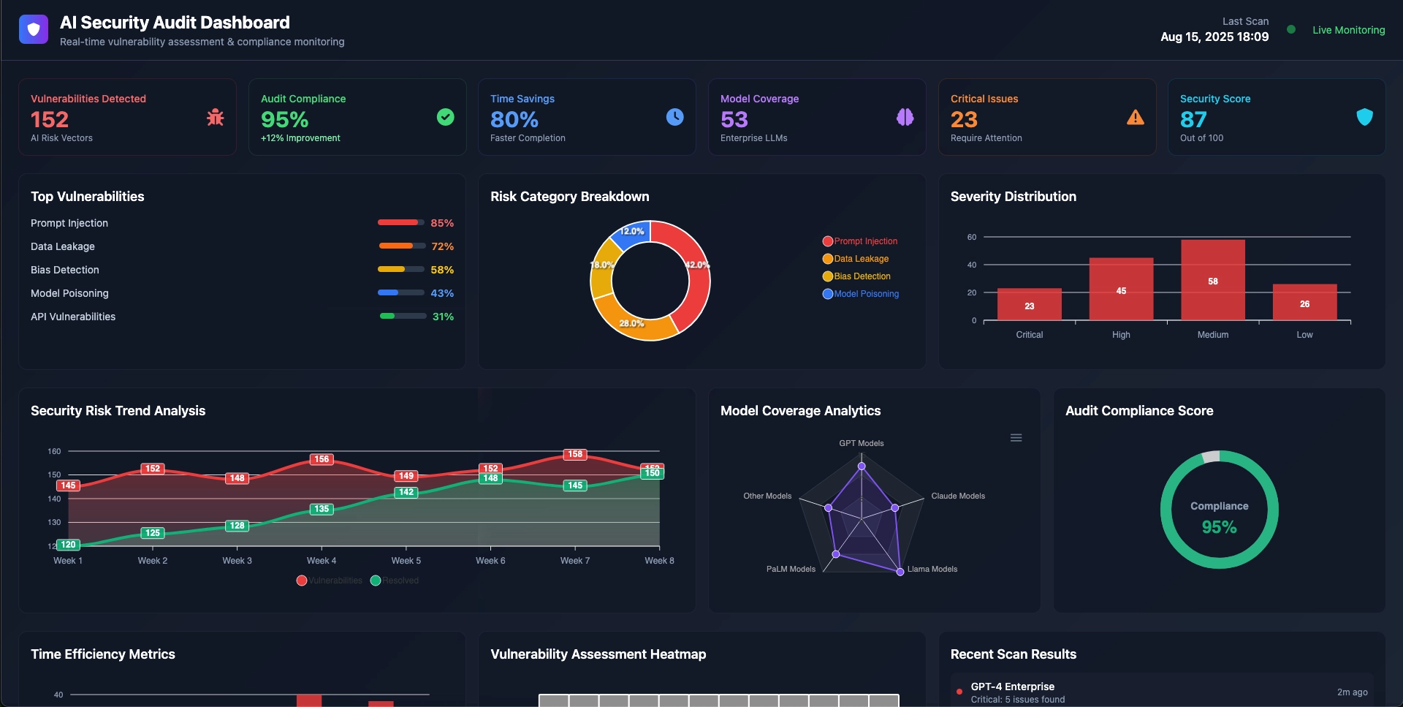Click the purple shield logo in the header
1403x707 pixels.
pos(34,29)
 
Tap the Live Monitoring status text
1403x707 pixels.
pos(1348,30)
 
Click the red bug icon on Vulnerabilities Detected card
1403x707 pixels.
pos(215,117)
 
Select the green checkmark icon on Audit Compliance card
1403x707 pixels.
pos(445,117)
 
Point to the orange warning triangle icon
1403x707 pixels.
pos(1135,117)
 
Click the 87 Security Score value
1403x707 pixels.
pos(1193,119)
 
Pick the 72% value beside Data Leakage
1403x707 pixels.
pos(442,246)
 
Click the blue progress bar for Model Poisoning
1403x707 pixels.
pos(400,292)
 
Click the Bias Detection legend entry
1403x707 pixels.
pos(862,276)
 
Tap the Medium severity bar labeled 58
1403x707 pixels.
pos(1212,280)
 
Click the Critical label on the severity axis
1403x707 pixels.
pos(1029,335)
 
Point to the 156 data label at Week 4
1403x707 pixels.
pos(322,459)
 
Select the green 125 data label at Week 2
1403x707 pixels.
pos(152,533)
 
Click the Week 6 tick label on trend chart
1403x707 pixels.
pos(490,561)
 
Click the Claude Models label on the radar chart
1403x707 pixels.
pos(957,496)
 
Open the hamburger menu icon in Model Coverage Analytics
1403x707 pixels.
pos(1016,438)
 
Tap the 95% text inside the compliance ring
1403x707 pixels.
pos(1219,527)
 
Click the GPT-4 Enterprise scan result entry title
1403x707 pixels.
pos(1012,687)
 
